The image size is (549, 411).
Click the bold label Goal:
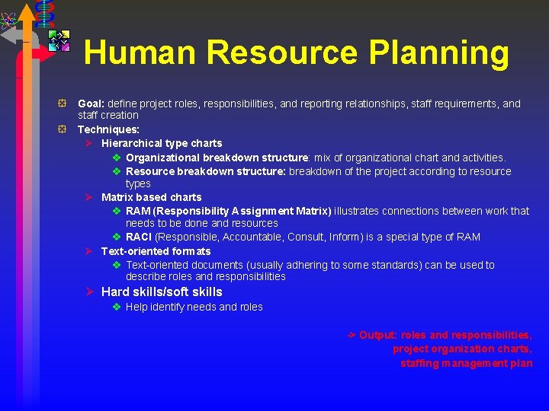91,104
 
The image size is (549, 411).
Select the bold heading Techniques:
108,129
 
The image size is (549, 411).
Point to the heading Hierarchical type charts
162,143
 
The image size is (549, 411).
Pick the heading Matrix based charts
151,197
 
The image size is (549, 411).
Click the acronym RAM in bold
138,211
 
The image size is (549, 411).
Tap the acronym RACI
139,237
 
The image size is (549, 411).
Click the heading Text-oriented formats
156,251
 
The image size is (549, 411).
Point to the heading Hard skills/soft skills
162,292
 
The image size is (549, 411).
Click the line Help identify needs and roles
194,307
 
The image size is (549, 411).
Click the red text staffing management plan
466,363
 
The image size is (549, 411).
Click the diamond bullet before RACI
117,237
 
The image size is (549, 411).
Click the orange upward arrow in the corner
27,15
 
